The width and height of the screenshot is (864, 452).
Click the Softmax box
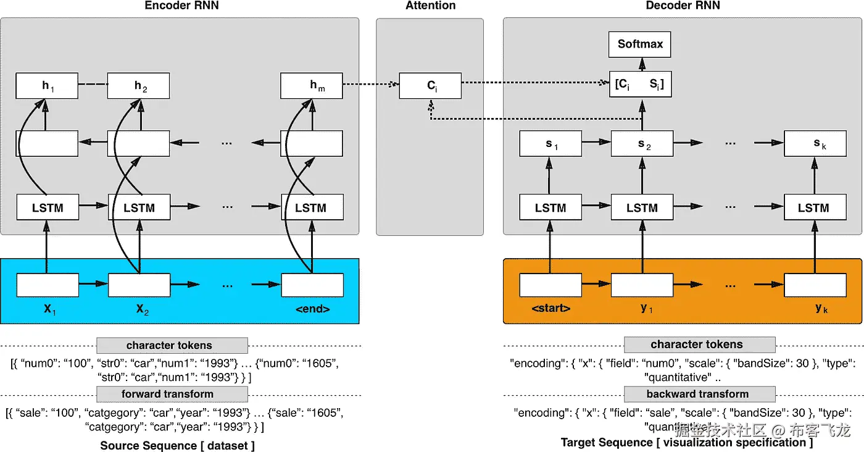coord(641,44)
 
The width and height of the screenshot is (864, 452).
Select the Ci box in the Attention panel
coord(430,85)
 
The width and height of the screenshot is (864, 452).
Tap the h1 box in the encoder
coord(47,86)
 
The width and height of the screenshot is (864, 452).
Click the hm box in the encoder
coord(312,86)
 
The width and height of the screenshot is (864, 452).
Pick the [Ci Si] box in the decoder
coord(641,85)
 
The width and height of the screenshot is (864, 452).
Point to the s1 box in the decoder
coord(550,144)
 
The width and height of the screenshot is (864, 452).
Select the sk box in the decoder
coord(815,144)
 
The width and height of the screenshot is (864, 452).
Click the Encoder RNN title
coord(181,6)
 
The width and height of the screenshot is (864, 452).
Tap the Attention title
coord(430,6)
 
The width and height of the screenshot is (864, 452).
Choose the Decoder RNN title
coord(683,6)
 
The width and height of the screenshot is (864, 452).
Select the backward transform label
coord(698,394)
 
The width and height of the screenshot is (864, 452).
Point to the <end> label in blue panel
coord(312,309)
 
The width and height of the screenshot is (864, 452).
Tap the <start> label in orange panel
coord(550,309)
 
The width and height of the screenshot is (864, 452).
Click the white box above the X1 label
coord(48,285)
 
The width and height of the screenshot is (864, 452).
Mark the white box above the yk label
coord(815,285)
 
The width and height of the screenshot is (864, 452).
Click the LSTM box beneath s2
coord(642,208)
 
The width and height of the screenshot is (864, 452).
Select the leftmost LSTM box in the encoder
coord(48,208)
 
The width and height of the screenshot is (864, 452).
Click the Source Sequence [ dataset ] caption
coord(177,445)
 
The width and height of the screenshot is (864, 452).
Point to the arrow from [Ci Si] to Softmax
coord(641,64)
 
